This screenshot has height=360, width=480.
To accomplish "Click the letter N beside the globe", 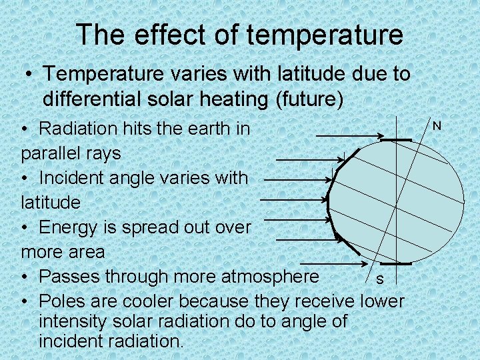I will pyautogui.click(x=437, y=126).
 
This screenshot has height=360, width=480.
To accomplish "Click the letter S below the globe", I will pyautogui.click(x=379, y=279).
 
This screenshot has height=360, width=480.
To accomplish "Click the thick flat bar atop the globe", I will pyautogui.click(x=397, y=140).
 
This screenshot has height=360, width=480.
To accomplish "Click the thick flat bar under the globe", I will pyautogui.click(x=393, y=265).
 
